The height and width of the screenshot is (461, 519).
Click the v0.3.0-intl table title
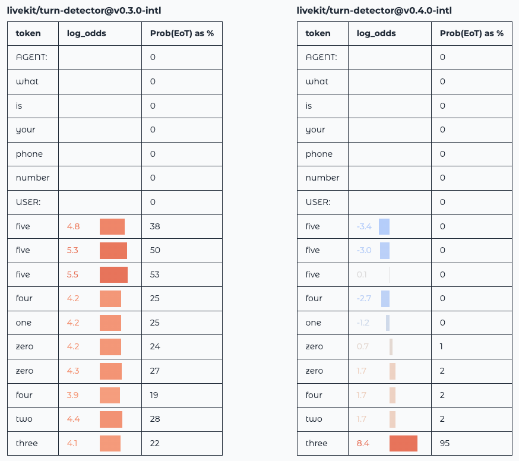(84, 11)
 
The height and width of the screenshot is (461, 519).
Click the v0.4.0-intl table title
(374, 11)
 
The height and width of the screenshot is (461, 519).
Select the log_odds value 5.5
(72, 274)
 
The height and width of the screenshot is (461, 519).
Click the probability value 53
(155, 274)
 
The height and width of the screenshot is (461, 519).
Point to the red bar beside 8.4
(403, 443)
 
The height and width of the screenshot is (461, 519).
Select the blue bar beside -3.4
(384, 226)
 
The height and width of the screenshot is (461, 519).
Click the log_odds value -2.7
(364, 298)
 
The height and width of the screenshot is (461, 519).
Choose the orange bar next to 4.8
(112, 226)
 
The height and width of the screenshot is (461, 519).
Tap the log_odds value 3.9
(72, 395)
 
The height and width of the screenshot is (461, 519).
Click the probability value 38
(155, 226)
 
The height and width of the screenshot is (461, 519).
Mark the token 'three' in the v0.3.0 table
(26, 443)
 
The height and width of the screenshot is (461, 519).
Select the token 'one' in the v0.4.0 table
(313, 323)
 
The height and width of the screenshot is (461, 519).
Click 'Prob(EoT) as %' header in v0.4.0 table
(471, 33)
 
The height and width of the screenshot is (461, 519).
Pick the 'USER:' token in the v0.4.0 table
(318, 202)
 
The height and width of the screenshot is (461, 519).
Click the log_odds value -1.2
(363, 323)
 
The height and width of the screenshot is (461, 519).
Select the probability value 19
(154, 395)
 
